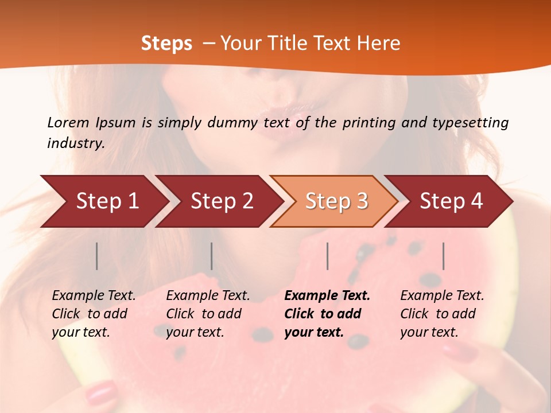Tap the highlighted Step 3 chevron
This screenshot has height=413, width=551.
pos(336,201)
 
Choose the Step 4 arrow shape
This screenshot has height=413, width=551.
pos(451,201)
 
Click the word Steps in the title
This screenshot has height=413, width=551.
pos(166,44)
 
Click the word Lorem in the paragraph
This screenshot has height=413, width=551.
pos(68,122)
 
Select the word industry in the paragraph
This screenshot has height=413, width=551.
pos(75,143)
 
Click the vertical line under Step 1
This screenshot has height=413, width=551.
pos(97,256)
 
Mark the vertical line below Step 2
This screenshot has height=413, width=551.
pos(212,256)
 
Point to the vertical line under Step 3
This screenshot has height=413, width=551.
pos(328,256)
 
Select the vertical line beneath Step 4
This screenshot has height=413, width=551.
pos(444,256)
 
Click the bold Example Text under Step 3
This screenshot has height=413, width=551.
pos(327,314)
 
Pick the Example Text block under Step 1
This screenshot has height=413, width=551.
pos(94,314)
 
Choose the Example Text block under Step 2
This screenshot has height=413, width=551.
pos(208,314)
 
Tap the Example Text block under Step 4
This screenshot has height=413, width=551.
pos(442,314)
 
